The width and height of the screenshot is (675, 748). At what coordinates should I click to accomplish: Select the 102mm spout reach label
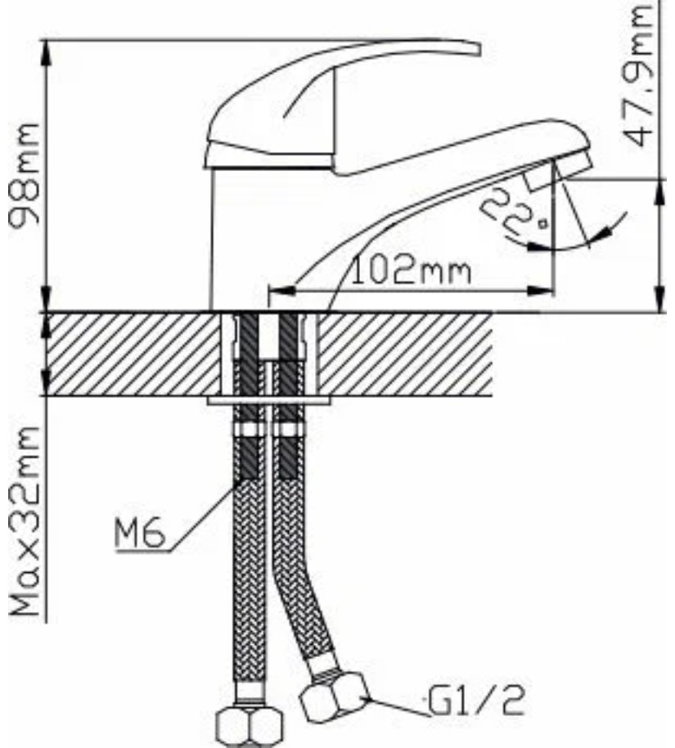412,271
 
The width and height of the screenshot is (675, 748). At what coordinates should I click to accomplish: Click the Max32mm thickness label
25,521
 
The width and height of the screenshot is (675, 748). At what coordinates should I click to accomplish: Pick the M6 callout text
140,533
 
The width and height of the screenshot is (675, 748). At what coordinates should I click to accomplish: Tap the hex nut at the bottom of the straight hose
250,727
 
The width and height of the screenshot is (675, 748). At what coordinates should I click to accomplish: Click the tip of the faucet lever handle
479,50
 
